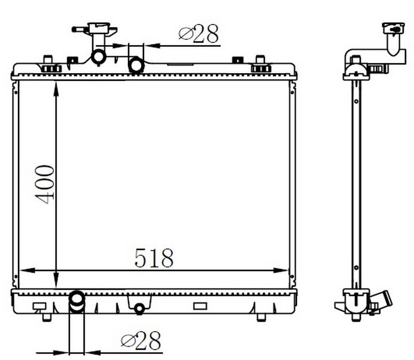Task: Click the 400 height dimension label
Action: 44,184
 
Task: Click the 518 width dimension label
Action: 154,257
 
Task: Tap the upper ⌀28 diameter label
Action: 199,33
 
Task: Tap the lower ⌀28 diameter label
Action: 141,341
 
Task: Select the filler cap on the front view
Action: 99,28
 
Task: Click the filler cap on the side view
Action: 393,28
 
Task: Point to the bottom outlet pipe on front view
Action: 77,302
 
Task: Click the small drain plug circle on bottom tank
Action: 139,308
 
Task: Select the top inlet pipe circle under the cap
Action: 98,57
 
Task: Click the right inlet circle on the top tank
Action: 136,65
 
